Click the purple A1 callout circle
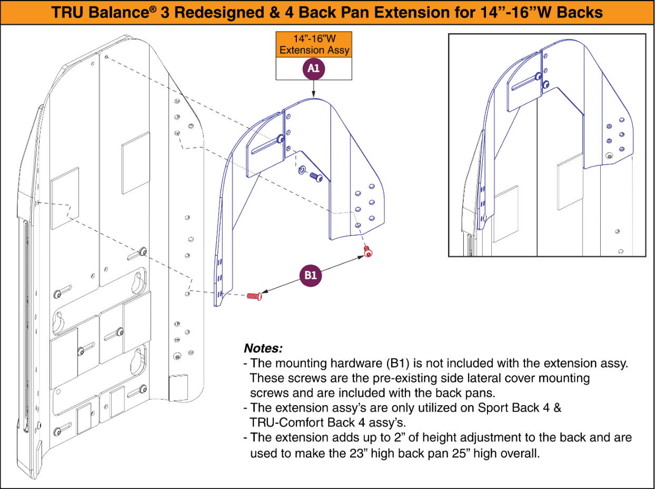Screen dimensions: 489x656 click(x=314, y=69)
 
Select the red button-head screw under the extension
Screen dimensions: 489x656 click(x=367, y=253)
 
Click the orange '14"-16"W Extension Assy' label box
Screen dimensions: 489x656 click(x=314, y=45)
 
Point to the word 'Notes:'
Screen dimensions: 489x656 click(x=263, y=348)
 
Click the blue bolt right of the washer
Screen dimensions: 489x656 click(x=316, y=177)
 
